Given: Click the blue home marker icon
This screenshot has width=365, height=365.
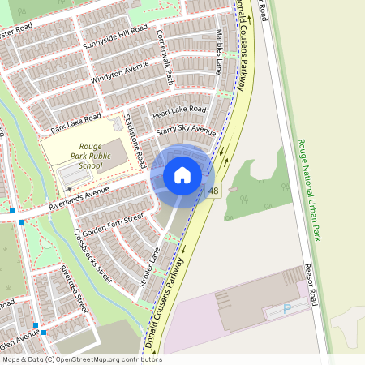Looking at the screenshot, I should pos(182,174).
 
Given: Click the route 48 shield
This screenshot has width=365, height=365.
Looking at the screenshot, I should pos(213,191).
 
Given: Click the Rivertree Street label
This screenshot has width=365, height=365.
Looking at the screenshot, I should pos(74,288).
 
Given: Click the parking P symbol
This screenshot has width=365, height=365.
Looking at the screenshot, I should pos(286,308).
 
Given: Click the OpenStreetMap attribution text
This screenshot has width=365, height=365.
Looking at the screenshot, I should pos(81,359).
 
